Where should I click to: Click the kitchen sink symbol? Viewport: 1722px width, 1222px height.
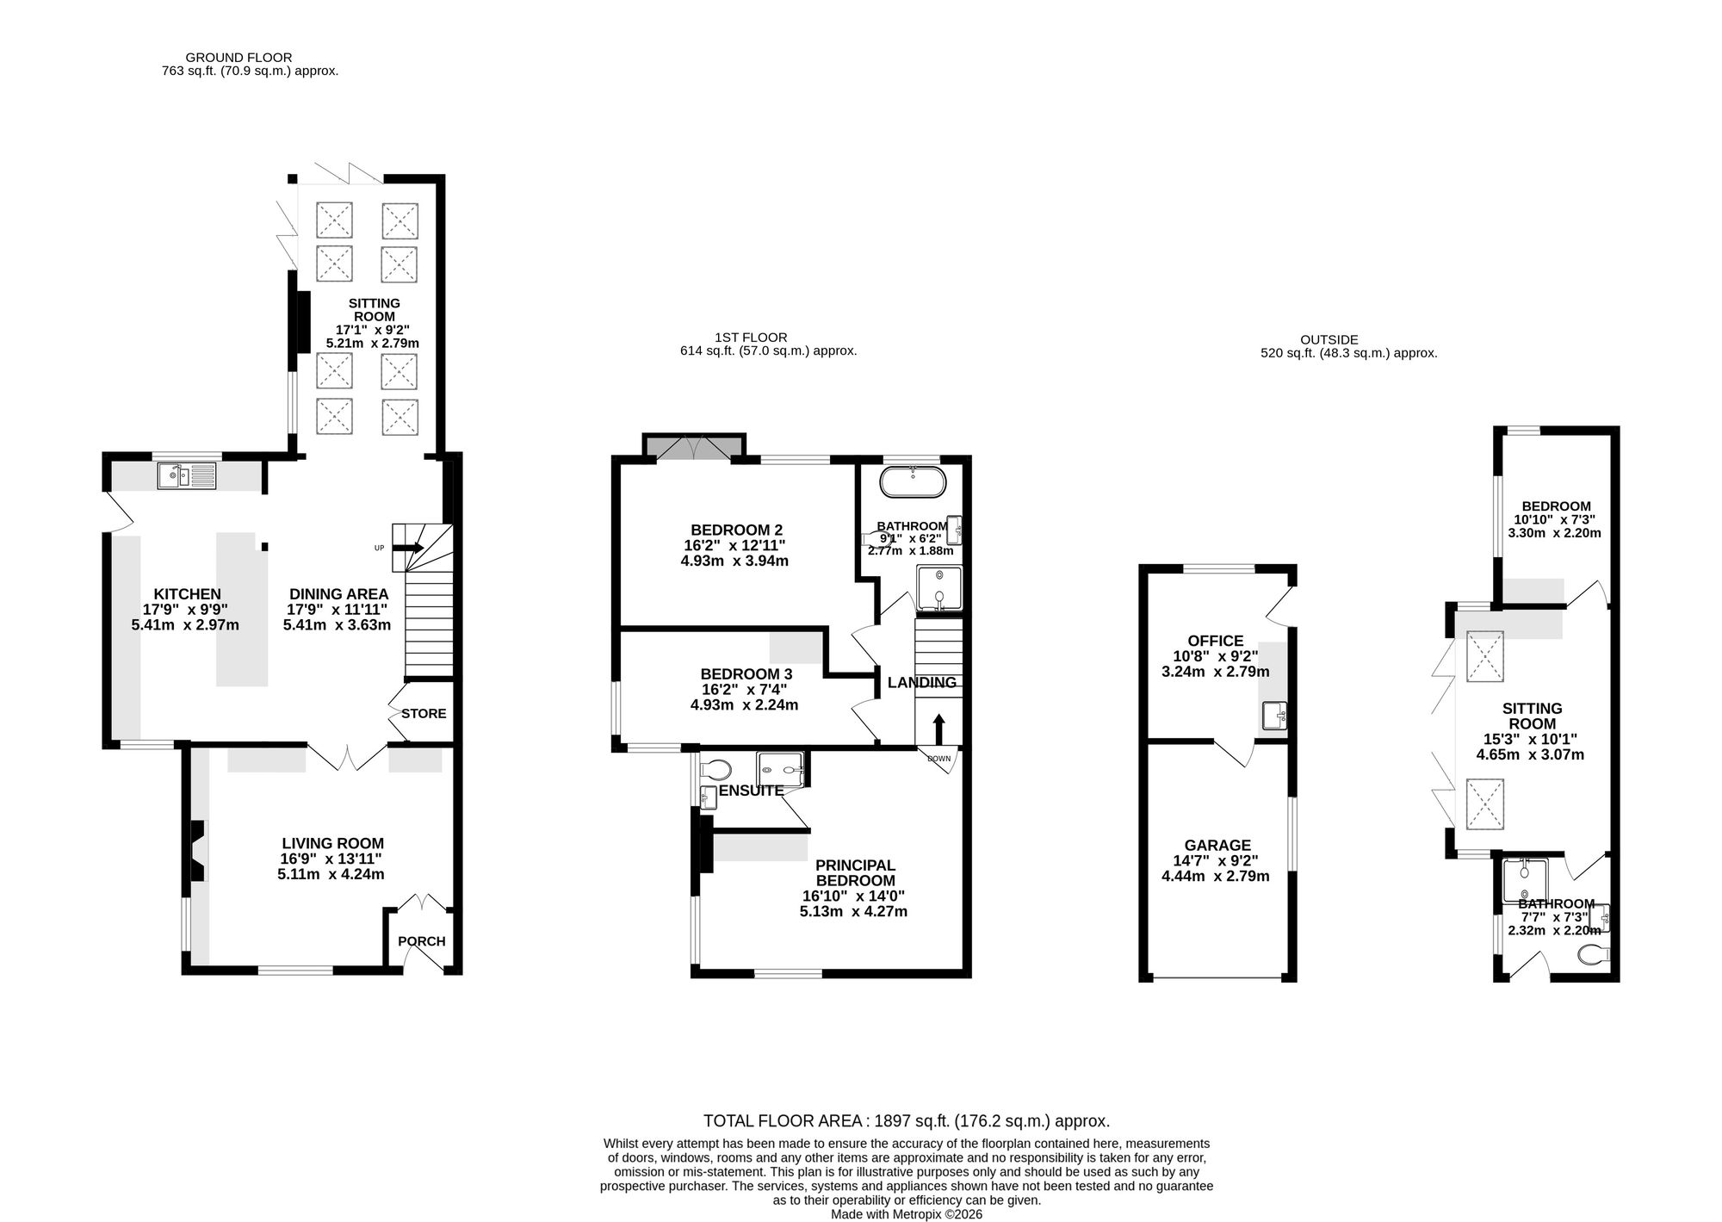(187, 476)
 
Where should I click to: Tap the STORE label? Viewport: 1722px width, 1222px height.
(424, 714)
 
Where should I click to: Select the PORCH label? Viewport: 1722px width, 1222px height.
(422, 941)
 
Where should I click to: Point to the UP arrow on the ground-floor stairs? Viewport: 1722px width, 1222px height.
(409, 548)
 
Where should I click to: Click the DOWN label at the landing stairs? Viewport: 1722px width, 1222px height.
(939, 759)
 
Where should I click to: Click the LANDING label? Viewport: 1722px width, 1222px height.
(922, 683)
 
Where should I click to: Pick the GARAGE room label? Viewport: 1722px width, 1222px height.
(1217, 846)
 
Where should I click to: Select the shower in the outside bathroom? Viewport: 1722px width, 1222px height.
(1524, 881)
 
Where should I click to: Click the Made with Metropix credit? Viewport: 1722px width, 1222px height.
(906, 1214)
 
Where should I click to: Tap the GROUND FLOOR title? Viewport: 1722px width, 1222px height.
(238, 58)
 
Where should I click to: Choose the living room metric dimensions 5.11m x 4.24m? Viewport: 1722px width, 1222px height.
(331, 874)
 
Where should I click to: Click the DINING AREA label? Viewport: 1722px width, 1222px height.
(338, 594)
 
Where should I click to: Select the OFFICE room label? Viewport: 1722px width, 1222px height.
(1216, 641)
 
